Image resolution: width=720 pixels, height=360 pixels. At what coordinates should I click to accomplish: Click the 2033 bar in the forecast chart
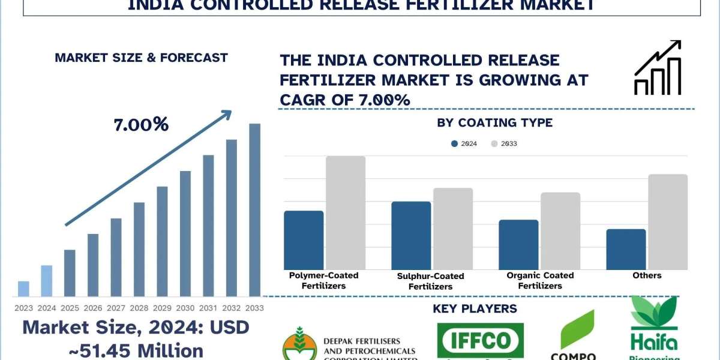click(x=255, y=210)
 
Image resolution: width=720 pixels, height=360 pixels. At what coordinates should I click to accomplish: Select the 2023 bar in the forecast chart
click(x=23, y=289)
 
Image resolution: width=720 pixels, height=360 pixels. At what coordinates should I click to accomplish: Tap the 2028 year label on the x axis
click(x=139, y=308)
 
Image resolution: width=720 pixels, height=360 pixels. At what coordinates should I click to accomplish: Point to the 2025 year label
click(x=70, y=308)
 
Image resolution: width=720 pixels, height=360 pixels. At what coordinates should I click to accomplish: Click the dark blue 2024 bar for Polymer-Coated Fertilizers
click(x=304, y=240)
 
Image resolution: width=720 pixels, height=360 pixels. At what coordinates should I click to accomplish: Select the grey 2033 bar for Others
click(x=668, y=222)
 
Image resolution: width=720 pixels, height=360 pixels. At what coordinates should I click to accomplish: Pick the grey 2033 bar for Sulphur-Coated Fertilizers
click(x=453, y=229)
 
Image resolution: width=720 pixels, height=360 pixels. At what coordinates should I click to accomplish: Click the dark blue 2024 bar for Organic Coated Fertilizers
click(x=518, y=245)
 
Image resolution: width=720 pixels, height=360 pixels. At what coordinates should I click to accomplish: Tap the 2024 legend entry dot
click(x=455, y=144)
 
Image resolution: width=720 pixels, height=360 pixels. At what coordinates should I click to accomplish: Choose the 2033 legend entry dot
click(x=495, y=144)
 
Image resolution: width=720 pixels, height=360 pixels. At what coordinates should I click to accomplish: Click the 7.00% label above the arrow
click(x=141, y=125)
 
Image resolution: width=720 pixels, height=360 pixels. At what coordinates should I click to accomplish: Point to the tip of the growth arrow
click(x=230, y=111)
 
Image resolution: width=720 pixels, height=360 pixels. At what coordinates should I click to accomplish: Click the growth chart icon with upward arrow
click(x=658, y=67)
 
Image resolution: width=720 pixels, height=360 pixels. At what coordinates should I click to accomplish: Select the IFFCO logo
click(x=480, y=341)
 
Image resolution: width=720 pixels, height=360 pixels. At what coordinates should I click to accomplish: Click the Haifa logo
click(x=653, y=330)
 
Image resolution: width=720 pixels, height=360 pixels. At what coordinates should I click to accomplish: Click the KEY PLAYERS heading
click(x=475, y=309)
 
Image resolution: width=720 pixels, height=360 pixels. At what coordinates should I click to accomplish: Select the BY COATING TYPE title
click(x=495, y=123)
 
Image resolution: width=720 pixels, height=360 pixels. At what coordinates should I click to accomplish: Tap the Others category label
click(x=647, y=275)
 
